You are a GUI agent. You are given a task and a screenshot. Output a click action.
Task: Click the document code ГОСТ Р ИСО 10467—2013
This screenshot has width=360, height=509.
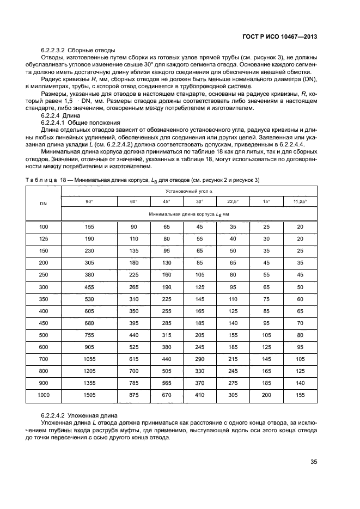pyautogui.click(x=280, y=37)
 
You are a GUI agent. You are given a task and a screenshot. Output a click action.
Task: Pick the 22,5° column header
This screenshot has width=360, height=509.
pyautogui.click(x=233, y=201)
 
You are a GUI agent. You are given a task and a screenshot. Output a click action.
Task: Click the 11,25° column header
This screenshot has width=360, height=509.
pyautogui.click(x=300, y=201)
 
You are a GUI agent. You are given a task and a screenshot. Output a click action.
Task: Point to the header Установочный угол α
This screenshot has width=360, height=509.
pyautogui.click(x=189, y=191)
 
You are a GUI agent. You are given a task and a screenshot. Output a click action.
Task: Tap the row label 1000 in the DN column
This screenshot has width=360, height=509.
pyautogui.click(x=44, y=395)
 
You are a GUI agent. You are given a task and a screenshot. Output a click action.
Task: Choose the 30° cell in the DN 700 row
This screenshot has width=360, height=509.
pyautogui.click(x=199, y=359)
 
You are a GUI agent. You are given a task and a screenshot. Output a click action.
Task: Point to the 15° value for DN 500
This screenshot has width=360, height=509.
pyautogui.click(x=266, y=335)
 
